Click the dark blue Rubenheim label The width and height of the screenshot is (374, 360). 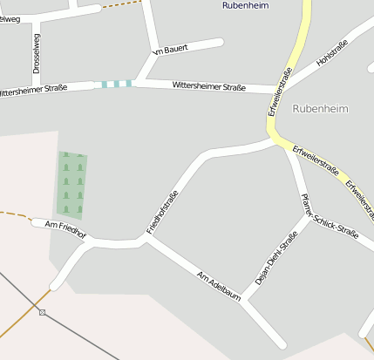pos(247,5)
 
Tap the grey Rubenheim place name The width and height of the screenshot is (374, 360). pos(320,109)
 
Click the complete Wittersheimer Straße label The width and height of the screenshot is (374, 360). pos(208,86)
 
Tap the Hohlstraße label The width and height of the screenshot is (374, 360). pos(332,54)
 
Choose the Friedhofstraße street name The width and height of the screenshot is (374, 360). pos(163,212)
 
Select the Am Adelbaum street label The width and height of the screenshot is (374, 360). pos(218,286)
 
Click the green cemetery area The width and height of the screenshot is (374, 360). pos(72,183)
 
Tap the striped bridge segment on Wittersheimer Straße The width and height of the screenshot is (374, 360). pos(116,84)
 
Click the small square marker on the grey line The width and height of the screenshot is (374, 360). pos(42,312)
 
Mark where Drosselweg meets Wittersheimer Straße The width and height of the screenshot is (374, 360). pos(37,88)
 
